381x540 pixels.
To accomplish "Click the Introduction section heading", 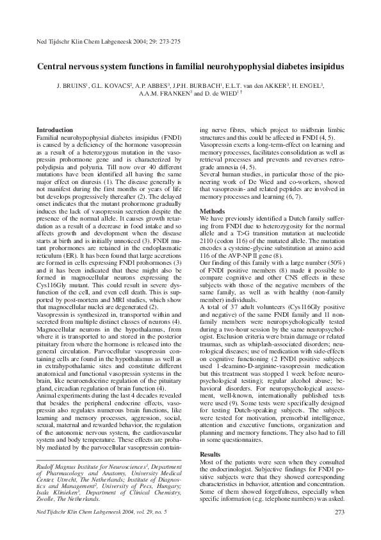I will click(54, 130).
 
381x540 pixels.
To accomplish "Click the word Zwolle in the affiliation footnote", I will click(45, 498).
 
